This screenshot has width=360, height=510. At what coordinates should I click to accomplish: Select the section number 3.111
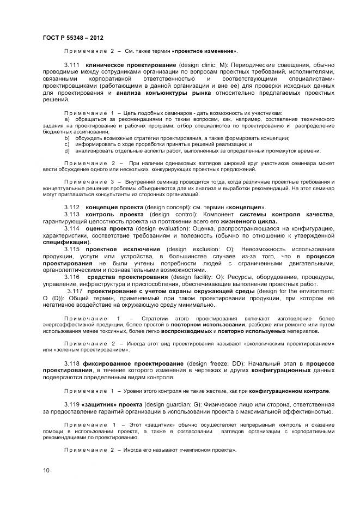point(72,65)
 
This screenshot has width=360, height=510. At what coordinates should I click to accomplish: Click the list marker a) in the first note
point(67,119)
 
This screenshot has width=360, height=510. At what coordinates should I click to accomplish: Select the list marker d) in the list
point(67,151)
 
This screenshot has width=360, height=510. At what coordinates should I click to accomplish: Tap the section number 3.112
point(72,208)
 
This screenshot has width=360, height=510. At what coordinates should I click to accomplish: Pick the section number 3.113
point(72,215)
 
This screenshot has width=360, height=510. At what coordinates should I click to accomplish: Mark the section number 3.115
point(72,249)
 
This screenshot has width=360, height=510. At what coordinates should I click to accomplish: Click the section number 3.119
point(72,405)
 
